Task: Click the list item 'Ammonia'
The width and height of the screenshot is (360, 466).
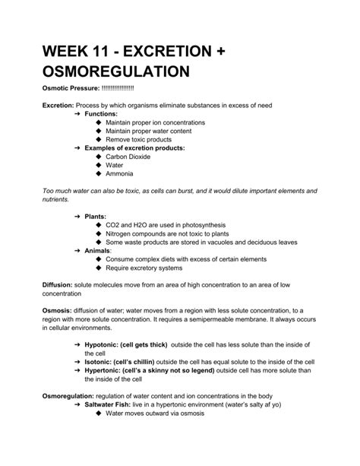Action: click(x=120, y=173)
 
